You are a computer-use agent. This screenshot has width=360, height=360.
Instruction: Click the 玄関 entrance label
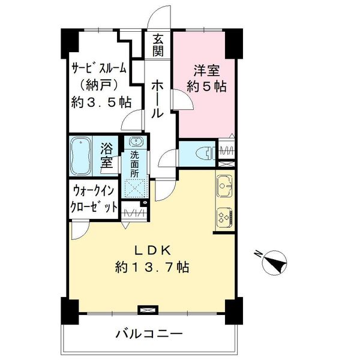point(158,45)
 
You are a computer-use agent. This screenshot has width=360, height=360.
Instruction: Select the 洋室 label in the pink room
point(206,71)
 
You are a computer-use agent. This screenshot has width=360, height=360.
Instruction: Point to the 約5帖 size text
point(206,87)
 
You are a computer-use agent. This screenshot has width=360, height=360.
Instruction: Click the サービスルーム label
point(99,68)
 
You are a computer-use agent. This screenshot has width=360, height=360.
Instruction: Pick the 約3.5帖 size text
point(101,103)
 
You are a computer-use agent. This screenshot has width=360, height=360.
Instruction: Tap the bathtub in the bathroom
point(80,157)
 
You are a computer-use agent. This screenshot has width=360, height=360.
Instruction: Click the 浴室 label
point(107,155)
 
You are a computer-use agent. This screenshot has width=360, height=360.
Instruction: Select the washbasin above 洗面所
point(136,142)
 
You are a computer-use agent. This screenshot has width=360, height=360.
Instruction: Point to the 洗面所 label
point(135,164)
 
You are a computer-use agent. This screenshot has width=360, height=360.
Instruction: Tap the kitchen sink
point(225,186)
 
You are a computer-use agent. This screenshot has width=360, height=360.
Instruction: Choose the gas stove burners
point(225,217)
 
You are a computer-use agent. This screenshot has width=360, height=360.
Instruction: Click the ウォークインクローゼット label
point(94,199)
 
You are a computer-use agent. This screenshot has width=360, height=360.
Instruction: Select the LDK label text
point(152,250)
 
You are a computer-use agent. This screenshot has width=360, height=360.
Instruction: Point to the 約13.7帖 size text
point(152,267)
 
